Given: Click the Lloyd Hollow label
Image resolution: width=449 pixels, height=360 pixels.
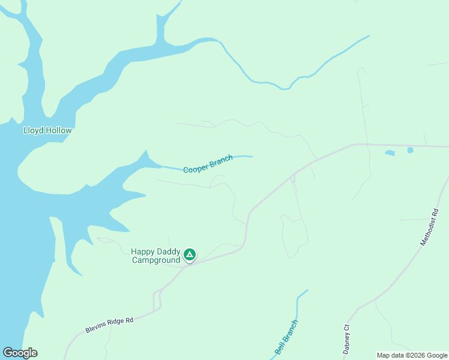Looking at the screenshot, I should pos(47,130).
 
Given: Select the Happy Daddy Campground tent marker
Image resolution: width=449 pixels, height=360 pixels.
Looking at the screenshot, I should pos(190,255).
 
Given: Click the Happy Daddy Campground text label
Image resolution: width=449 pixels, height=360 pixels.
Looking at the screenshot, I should pos(156,256).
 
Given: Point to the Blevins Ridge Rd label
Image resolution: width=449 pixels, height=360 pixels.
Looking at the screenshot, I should pos(109,325).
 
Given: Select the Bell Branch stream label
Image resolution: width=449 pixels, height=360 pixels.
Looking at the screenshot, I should pos(286,337).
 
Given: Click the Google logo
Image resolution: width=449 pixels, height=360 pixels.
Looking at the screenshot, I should pos(20,352).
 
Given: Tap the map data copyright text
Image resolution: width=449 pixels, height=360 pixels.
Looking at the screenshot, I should pos(412,355).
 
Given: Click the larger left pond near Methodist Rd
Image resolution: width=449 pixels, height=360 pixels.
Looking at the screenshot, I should pos(390,153).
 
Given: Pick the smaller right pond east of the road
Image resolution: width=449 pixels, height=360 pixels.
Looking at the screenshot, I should pos(411,150).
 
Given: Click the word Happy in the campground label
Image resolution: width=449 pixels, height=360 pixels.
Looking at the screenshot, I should pos(143,252).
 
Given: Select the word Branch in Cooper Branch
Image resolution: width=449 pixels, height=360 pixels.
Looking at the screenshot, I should pos(220,161).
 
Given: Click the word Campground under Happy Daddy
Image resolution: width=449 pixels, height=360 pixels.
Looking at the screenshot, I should pos(156,260).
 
